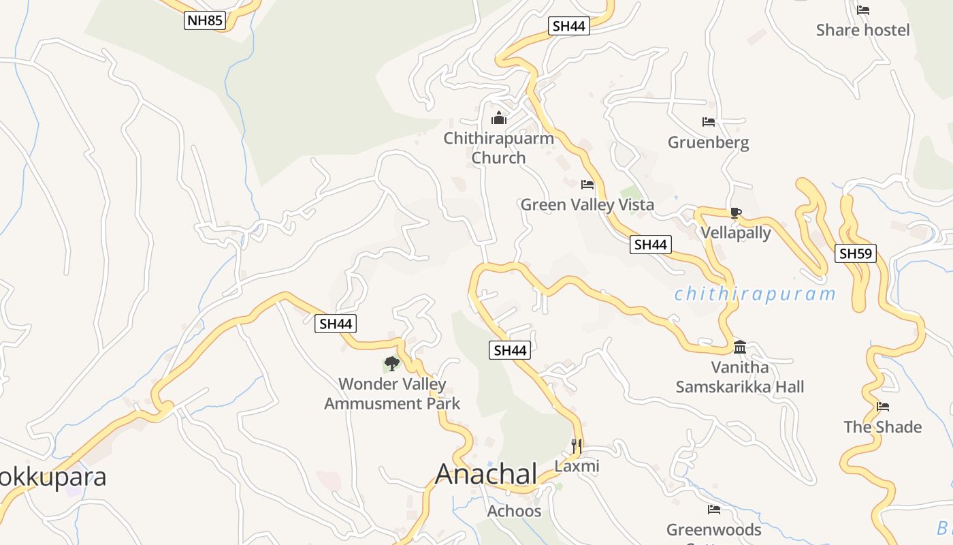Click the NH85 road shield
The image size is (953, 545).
click(204, 20)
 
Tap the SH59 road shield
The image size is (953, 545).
click(856, 254)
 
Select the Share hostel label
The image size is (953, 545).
click(862, 30)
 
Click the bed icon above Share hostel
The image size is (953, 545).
click(863, 10)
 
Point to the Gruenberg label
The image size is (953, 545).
click(708, 142)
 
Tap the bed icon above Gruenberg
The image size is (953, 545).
click(709, 123)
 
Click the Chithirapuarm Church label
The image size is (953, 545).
click(499, 148)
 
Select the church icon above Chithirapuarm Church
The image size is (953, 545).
click(499, 119)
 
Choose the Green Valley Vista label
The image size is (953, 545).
click(587, 204)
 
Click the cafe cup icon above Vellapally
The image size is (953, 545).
click(735, 213)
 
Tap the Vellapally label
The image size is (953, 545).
click(736, 233)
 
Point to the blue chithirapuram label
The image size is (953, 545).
click(754, 294)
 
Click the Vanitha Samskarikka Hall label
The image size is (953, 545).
click(740, 377)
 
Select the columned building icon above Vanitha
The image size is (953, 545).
click(740, 347)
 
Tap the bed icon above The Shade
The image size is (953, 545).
click(883, 407)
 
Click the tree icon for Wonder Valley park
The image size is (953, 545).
click(391, 363)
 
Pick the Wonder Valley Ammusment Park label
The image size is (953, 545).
click(392, 394)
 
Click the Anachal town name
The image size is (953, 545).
click(486, 473)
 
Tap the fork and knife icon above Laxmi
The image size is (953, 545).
click(577, 446)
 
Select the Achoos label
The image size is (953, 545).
click(514, 511)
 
